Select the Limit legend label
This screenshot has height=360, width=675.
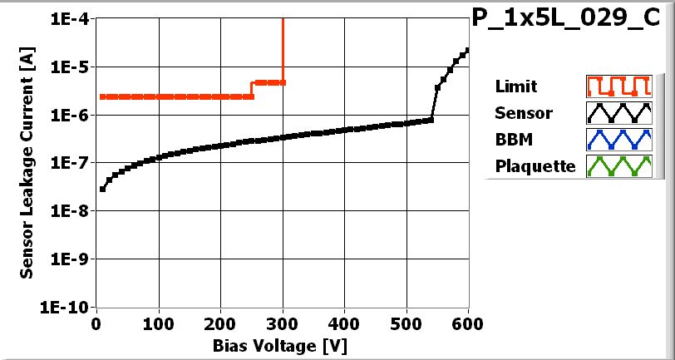tap(515, 86)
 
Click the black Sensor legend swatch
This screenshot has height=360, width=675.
tap(617, 113)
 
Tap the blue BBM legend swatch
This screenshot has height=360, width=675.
tap(617, 140)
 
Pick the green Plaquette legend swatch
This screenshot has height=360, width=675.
tap(617, 166)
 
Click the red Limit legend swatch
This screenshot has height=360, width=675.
tap(617, 86)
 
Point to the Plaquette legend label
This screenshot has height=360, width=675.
tap(535, 166)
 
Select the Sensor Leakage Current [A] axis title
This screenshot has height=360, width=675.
tap(27, 162)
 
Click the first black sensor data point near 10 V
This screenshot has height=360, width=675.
tap(102, 189)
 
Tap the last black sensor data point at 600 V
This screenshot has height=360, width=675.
tap(468, 50)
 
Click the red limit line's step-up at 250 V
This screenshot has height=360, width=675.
tap(252, 89)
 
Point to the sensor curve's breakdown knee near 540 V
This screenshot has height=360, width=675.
tap(431, 120)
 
